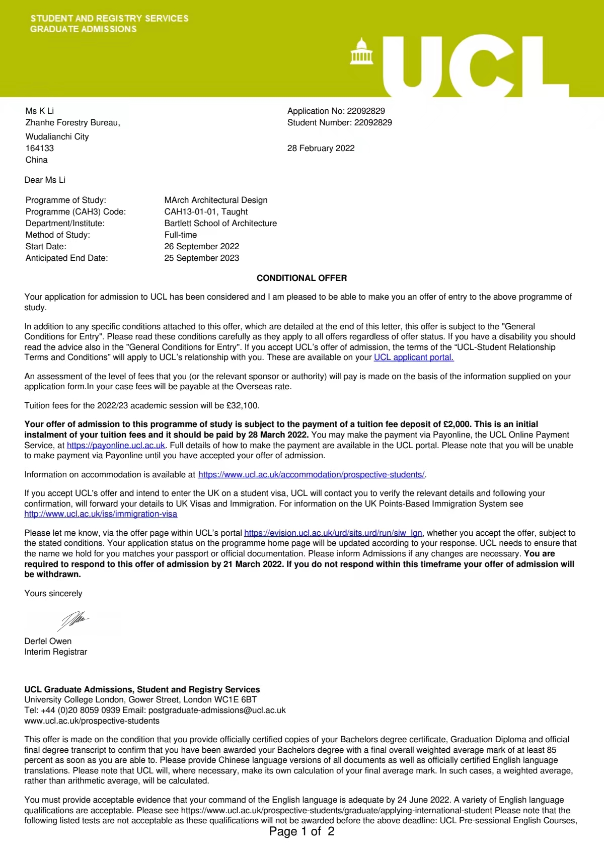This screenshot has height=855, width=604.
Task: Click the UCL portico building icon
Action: coord(361,51)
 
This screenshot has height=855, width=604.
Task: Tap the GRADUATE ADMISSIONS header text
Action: coord(83,29)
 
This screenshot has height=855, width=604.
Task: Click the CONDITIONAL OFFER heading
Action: coord(301,278)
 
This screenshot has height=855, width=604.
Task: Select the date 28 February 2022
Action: coord(321,148)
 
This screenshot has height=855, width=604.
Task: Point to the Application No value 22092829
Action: coord(365,111)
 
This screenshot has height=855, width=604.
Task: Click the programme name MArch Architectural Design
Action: coord(216,200)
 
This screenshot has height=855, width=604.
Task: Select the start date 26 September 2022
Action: coord(201,246)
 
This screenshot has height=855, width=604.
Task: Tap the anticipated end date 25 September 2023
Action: coord(201,258)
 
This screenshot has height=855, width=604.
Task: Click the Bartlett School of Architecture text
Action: coord(220,223)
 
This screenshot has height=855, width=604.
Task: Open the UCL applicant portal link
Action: coord(413,358)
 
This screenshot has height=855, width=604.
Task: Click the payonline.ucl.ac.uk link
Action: coord(116,446)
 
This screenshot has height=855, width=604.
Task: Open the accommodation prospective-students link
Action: coord(312,475)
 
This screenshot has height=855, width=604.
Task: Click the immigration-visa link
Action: coord(101,514)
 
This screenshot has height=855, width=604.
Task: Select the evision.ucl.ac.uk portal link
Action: coord(333,533)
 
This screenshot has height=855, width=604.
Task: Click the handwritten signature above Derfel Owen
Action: coord(73,620)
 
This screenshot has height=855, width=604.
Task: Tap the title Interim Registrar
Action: coord(55,652)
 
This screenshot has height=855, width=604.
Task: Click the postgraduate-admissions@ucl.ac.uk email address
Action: coord(217,710)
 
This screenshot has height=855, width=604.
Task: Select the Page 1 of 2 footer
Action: coord(301,831)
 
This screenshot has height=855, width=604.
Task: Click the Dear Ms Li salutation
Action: coord(45,180)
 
